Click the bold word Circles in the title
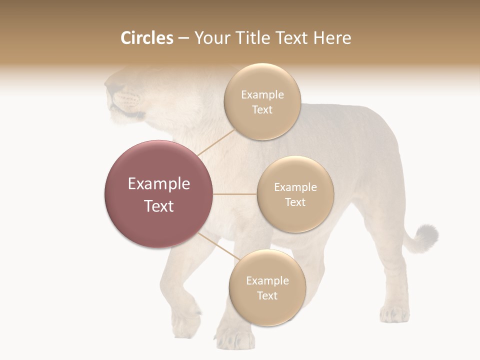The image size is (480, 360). (x=146, y=38)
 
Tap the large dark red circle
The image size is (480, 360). (x=159, y=194)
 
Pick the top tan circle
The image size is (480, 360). (x=262, y=101)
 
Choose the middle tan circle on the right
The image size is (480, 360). (x=295, y=194)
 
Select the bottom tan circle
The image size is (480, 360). (x=267, y=287)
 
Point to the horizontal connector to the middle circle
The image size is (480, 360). (x=235, y=194)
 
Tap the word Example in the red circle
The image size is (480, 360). (x=159, y=184)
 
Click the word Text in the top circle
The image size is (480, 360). (x=262, y=109)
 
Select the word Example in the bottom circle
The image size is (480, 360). (x=267, y=280)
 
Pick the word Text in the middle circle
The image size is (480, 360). (x=295, y=202)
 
